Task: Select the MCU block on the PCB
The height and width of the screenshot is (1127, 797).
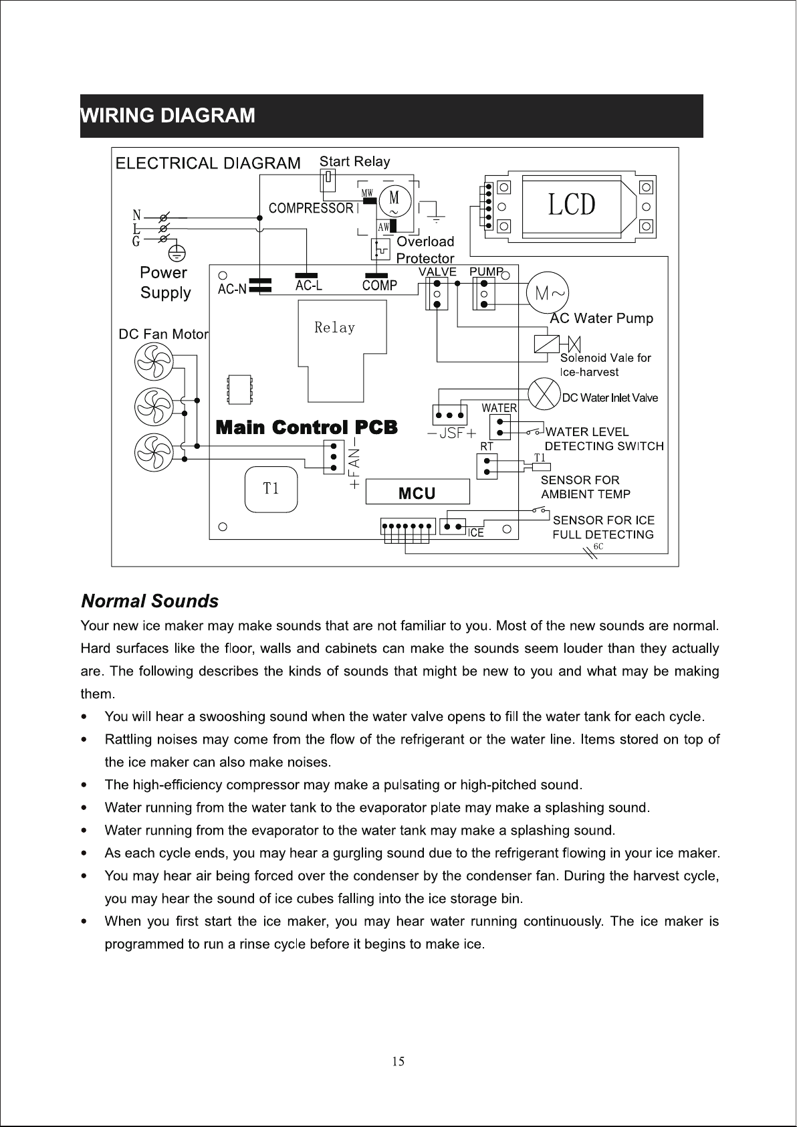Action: (x=417, y=492)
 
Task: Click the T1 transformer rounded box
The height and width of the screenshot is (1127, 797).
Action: (x=271, y=489)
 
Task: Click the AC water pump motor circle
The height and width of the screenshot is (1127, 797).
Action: (x=547, y=293)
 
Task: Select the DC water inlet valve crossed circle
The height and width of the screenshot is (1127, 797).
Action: (x=544, y=394)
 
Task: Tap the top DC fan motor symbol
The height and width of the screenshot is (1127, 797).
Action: (x=154, y=362)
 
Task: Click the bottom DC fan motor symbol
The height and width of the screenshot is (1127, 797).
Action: (x=154, y=453)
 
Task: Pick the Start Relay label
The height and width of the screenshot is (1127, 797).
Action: (x=354, y=161)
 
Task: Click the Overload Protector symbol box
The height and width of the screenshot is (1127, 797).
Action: (x=380, y=249)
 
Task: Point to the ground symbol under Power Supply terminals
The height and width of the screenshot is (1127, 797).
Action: (x=177, y=253)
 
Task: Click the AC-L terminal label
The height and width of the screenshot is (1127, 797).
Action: (x=309, y=286)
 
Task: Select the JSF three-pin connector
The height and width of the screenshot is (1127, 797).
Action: (x=450, y=415)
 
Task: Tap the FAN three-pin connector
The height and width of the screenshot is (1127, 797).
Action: (x=334, y=457)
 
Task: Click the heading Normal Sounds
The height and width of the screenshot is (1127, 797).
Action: (x=150, y=601)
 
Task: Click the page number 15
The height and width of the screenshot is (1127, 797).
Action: (x=398, y=1061)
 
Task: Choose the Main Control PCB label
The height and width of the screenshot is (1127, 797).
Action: (x=306, y=427)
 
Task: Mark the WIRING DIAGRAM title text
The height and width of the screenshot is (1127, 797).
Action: (x=168, y=116)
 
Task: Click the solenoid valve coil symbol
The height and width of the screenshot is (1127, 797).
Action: (x=546, y=344)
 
